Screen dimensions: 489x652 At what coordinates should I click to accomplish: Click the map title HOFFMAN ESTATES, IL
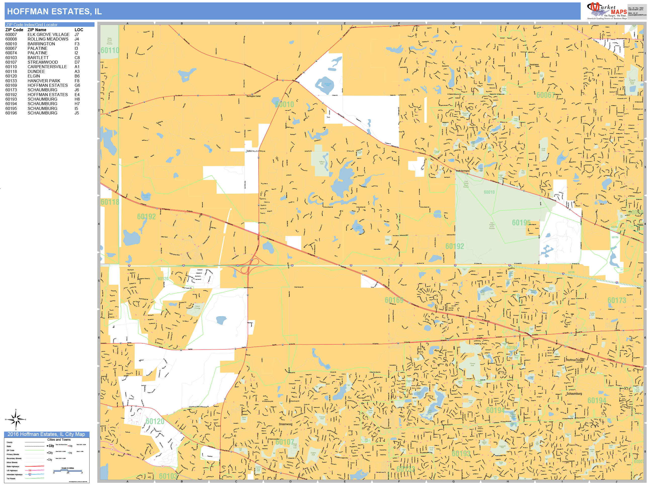pyautogui.click(x=54, y=12)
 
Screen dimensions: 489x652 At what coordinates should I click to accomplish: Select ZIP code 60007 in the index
pyautogui.click(x=11, y=34)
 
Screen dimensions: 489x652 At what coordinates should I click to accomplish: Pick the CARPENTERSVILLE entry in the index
pyautogui.click(x=47, y=67)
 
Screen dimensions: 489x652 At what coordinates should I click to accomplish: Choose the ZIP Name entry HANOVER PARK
pyautogui.click(x=44, y=81)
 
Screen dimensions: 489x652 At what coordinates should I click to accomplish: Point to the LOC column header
pyautogui.click(x=79, y=30)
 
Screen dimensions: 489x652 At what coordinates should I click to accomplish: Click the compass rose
pyautogui.click(x=16, y=419)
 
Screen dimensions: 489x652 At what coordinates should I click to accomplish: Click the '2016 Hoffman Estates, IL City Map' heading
pyautogui.click(x=46, y=434)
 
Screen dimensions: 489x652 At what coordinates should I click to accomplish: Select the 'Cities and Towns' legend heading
pyautogui.click(x=59, y=439)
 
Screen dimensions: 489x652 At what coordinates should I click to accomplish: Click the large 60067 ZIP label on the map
pyautogui.click(x=545, y=95)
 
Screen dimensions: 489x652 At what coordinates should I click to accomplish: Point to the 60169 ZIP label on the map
pyautogui.click(x=394, y=300)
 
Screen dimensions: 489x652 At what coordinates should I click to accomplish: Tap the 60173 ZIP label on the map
pyautogui.click(x=617, y=300)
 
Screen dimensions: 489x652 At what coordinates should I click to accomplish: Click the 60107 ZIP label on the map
pyautogui.click(x=284, y=442)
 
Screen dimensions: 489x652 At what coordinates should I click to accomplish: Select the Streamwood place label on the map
pyautogui.click(x=285, y=424)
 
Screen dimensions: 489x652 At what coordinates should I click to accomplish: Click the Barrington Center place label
pyautogui.click(x=254, y=96)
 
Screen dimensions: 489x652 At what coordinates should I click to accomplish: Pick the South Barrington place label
pyautogui.click(x=463, y=171)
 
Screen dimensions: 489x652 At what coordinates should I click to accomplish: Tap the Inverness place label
pyautogui.click(x=534, y=65)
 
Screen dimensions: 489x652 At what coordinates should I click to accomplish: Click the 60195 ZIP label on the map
pyautogui.click(x=521, y=223)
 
